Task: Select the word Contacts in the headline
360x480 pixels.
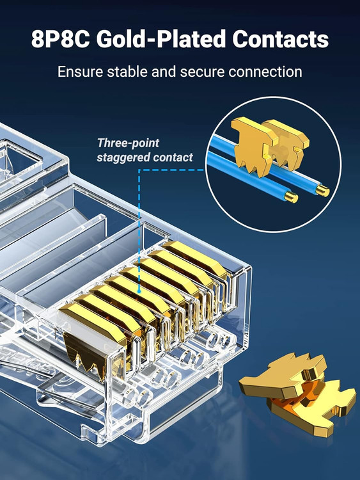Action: tap(280, 39)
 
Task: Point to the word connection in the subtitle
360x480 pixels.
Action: tap(265, 72)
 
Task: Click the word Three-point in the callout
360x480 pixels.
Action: tap(128, 143)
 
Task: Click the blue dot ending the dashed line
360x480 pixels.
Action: tap(139, 291)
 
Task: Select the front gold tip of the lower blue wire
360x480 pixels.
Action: tap(291, 197)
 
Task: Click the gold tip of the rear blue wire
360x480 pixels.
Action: tap(323, 191)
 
